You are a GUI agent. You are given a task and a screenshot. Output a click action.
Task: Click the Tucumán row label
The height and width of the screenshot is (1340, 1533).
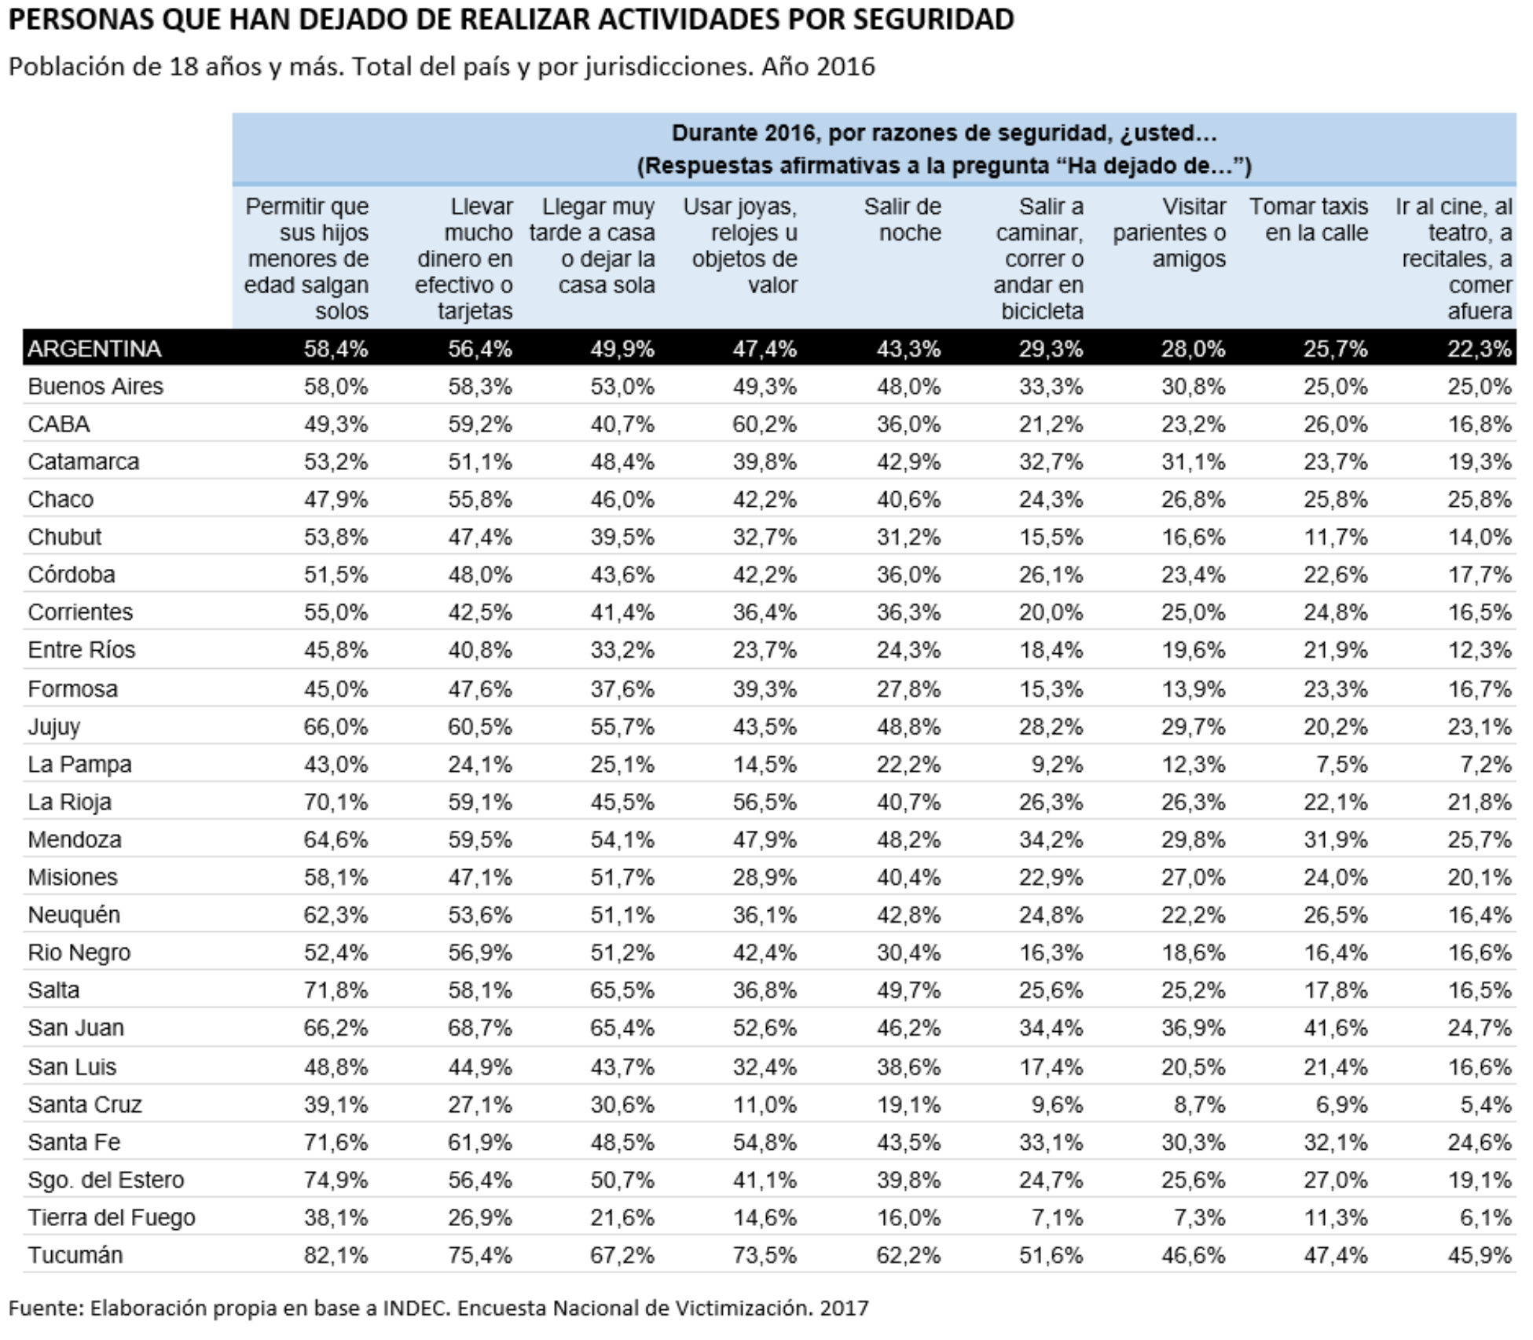(x=75, y=1255)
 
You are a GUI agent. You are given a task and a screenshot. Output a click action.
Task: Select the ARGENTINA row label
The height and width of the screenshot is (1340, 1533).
(x=94, y=348)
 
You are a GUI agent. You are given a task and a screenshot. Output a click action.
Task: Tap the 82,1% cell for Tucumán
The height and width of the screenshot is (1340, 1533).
(x=336, y=1255)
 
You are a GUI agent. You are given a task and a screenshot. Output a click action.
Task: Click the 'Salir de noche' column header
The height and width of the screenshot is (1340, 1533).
(x=902, y=219)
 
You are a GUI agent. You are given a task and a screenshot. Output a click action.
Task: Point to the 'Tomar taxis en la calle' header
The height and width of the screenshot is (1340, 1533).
(x=1308, y=219)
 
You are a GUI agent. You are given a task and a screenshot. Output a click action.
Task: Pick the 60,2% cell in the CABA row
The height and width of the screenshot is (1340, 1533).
(x=765, y=424)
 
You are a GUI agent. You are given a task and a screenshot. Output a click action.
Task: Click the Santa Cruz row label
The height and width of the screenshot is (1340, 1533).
(x=85, y=1104)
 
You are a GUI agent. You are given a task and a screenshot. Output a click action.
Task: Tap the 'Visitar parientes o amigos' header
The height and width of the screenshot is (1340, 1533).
(x=1169, y=232)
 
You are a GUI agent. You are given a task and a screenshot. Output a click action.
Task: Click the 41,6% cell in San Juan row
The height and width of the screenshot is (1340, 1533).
(x=1336, y=1028)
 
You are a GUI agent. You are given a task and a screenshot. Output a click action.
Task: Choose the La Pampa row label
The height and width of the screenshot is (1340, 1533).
(x=79, y=765)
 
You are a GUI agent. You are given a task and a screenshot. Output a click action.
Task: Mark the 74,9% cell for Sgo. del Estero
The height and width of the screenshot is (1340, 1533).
(x=336, y=1180)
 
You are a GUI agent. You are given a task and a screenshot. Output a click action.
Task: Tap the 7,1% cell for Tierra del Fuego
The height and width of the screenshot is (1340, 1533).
(x=1057, y=1217)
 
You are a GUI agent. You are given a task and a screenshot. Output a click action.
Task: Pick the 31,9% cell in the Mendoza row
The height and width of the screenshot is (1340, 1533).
(x=1336, y=839)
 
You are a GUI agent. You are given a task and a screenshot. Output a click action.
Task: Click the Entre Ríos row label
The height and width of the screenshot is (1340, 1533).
(x=81, y=650)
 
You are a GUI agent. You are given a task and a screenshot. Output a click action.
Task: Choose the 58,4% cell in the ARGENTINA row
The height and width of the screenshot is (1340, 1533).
(x=336, y=349)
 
